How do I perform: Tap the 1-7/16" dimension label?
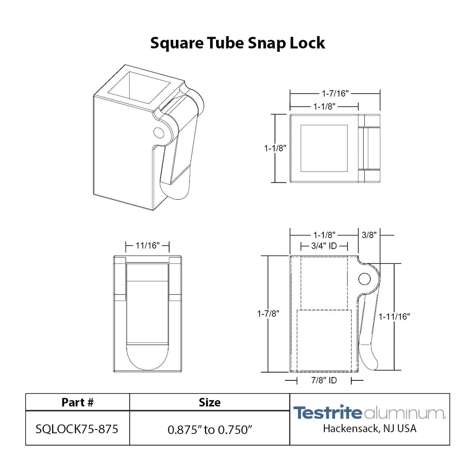(x=335, y=93)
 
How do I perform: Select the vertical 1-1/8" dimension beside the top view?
(x=275, y=148)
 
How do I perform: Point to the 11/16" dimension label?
(x=147, y=246)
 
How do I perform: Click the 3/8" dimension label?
(x=369, y=235)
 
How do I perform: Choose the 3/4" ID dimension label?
(x=324, y=246)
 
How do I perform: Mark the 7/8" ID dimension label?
(x=324, y=380)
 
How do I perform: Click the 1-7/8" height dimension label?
(x=268, y=314)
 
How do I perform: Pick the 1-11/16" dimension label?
(x=394, y=317)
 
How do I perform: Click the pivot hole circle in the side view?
(x=364, y=278)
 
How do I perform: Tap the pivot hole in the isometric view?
(x=159, y=133)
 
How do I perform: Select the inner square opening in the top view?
(x=324, y=148)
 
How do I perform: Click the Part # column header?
(x=77, y=402)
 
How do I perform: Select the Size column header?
(x=210, y=402)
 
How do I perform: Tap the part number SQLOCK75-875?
(x=77, y=429)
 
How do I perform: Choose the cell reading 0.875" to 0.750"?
(x=210, y=430)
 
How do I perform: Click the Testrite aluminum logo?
(x=369, y=413)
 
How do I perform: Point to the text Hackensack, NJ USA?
(x=369, y=429)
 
